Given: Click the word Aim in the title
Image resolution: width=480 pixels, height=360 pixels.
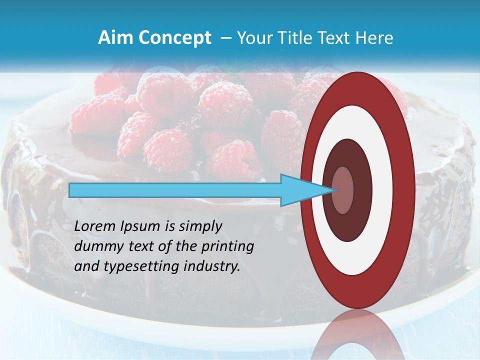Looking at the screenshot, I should pos(114,38).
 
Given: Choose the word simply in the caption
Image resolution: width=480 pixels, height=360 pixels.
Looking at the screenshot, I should pos(200,226).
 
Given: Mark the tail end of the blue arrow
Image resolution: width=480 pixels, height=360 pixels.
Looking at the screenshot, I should pos(71,190).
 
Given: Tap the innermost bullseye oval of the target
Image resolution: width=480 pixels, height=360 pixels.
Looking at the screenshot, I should pos(343,190).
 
